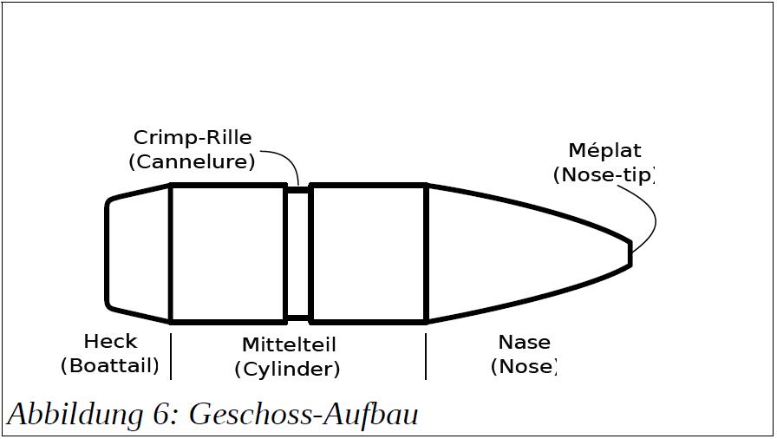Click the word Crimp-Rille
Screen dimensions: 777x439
click(193, 138)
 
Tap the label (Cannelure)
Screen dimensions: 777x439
click(192, 162)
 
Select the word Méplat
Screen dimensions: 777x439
click(604, 150)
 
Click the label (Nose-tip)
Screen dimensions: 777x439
click(604, 175)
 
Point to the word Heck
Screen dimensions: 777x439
click(110, 341)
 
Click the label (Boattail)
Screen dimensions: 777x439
click(109, 366)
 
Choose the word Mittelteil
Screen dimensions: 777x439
click(289, 344)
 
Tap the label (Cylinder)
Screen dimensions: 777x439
click(287, 369)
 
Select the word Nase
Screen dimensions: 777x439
click(524, 343)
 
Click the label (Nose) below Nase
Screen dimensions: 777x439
click(524, 367)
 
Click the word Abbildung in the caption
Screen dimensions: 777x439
click(75, 414)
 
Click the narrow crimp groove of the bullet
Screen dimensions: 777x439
click(298, 253)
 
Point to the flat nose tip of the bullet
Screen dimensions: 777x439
click(630, 253)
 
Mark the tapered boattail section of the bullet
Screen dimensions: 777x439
click(138, 253)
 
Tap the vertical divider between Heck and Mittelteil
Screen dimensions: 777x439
click(171, 357)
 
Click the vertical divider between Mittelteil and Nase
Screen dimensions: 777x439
click(426, 357)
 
